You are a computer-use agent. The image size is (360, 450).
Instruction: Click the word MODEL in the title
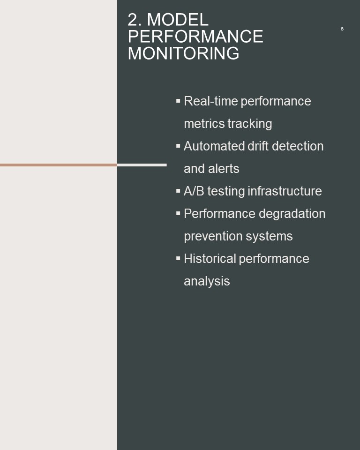pos(178,20)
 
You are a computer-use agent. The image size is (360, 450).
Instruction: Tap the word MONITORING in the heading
pos(183,53)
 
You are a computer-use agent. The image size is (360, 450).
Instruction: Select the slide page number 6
pos(342,29)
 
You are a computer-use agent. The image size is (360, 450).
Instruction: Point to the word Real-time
pos(210,101)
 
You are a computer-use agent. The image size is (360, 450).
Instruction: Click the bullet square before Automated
pos(178,146)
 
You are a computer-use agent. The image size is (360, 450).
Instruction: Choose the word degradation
pos(292,214)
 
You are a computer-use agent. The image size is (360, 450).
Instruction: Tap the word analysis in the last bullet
pos(207,282)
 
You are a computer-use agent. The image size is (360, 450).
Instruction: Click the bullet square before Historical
pos(178,258)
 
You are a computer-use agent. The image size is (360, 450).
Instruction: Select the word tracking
pos(250,124)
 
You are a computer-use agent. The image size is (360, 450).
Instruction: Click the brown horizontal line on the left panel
pos(59,165)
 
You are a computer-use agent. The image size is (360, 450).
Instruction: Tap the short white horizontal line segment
pos(142,165)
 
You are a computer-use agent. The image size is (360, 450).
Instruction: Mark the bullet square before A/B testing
pos(178,191)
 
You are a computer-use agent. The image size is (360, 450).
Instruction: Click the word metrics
pos(204,124)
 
